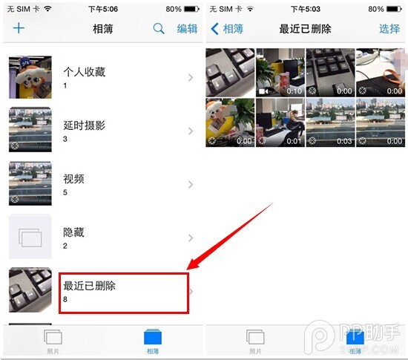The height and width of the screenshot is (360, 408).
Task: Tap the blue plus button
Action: [19, 29]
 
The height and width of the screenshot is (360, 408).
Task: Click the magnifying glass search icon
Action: [159, 29]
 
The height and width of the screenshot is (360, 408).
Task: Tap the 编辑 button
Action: [187, 29]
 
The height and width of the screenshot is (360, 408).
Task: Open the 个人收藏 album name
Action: [85, 72]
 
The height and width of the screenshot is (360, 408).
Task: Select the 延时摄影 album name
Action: [85, 125]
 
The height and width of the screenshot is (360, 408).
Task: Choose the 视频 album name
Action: [74, 179]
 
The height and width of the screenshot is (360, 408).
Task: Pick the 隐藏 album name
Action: [74, 232]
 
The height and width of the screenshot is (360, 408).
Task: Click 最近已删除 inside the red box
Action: [90, 286]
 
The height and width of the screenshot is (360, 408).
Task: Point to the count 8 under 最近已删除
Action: [65, 299]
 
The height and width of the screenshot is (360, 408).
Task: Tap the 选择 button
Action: [389, 29]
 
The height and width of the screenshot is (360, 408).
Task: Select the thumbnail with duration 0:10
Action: [280, 73]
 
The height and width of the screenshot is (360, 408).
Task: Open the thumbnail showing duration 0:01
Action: [280, 122]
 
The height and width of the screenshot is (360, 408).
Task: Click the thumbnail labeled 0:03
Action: [330, 122]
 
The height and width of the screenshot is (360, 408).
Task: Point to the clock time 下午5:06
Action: [102, 10]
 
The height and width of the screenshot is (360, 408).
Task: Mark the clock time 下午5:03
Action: [305, 10]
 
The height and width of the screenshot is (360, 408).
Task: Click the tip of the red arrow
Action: [188, 269]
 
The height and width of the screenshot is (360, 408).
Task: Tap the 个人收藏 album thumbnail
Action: [30, 77]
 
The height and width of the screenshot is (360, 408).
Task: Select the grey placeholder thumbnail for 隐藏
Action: [30, 238]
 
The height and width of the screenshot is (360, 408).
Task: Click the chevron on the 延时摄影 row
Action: [191, 131]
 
